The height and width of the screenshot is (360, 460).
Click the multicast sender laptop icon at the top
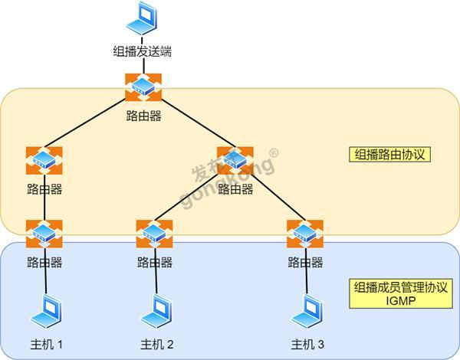click(143, 18)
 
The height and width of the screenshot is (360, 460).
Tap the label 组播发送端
click(143, 51)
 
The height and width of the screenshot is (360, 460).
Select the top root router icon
click(143, 87)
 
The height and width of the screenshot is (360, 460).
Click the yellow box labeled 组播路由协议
click(390, 154)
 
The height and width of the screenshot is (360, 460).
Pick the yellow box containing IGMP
click(401, 293)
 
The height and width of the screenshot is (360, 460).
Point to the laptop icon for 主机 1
click(46, 311)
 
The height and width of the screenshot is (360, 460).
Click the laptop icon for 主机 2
click(156, 311)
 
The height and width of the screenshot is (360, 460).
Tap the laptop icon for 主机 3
click(307, 311)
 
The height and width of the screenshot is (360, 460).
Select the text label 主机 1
click(46, 345)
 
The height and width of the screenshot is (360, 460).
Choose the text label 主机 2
click(156, 345)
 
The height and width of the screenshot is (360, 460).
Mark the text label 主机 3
click(307, 345)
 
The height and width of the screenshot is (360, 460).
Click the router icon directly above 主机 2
click(154, 234)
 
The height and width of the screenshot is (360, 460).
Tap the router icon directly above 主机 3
click(305, 234)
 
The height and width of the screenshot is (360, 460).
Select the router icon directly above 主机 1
click(44, 234)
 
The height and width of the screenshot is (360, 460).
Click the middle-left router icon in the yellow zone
click(44, 160)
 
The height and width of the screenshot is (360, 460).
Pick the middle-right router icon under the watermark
click(235, 160)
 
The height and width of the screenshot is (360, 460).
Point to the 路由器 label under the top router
click(144, 116)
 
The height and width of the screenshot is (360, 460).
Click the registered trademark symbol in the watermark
click(274, 153)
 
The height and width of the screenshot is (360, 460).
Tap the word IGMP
click(401, 301)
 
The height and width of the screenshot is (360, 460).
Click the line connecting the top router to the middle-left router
click(85, 123)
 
